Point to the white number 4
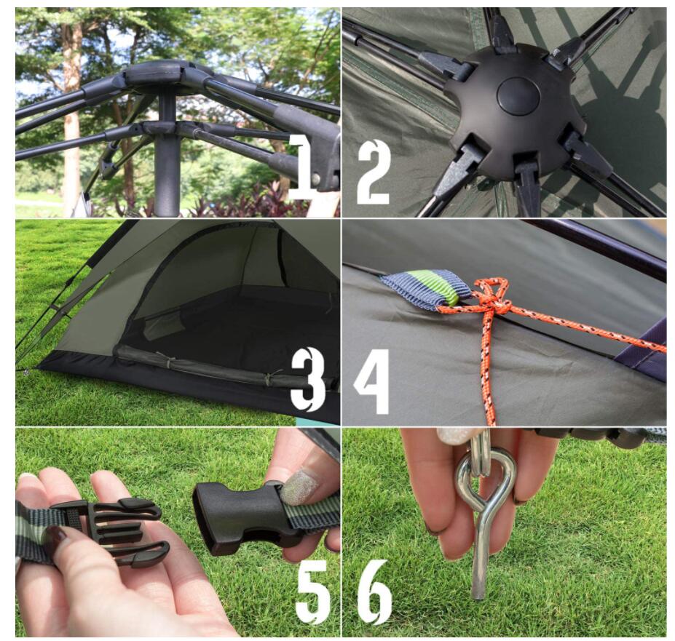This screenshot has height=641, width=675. point(373,381)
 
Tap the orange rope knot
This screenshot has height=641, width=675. point(495,301)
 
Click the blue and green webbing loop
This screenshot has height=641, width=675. point(426,289)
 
